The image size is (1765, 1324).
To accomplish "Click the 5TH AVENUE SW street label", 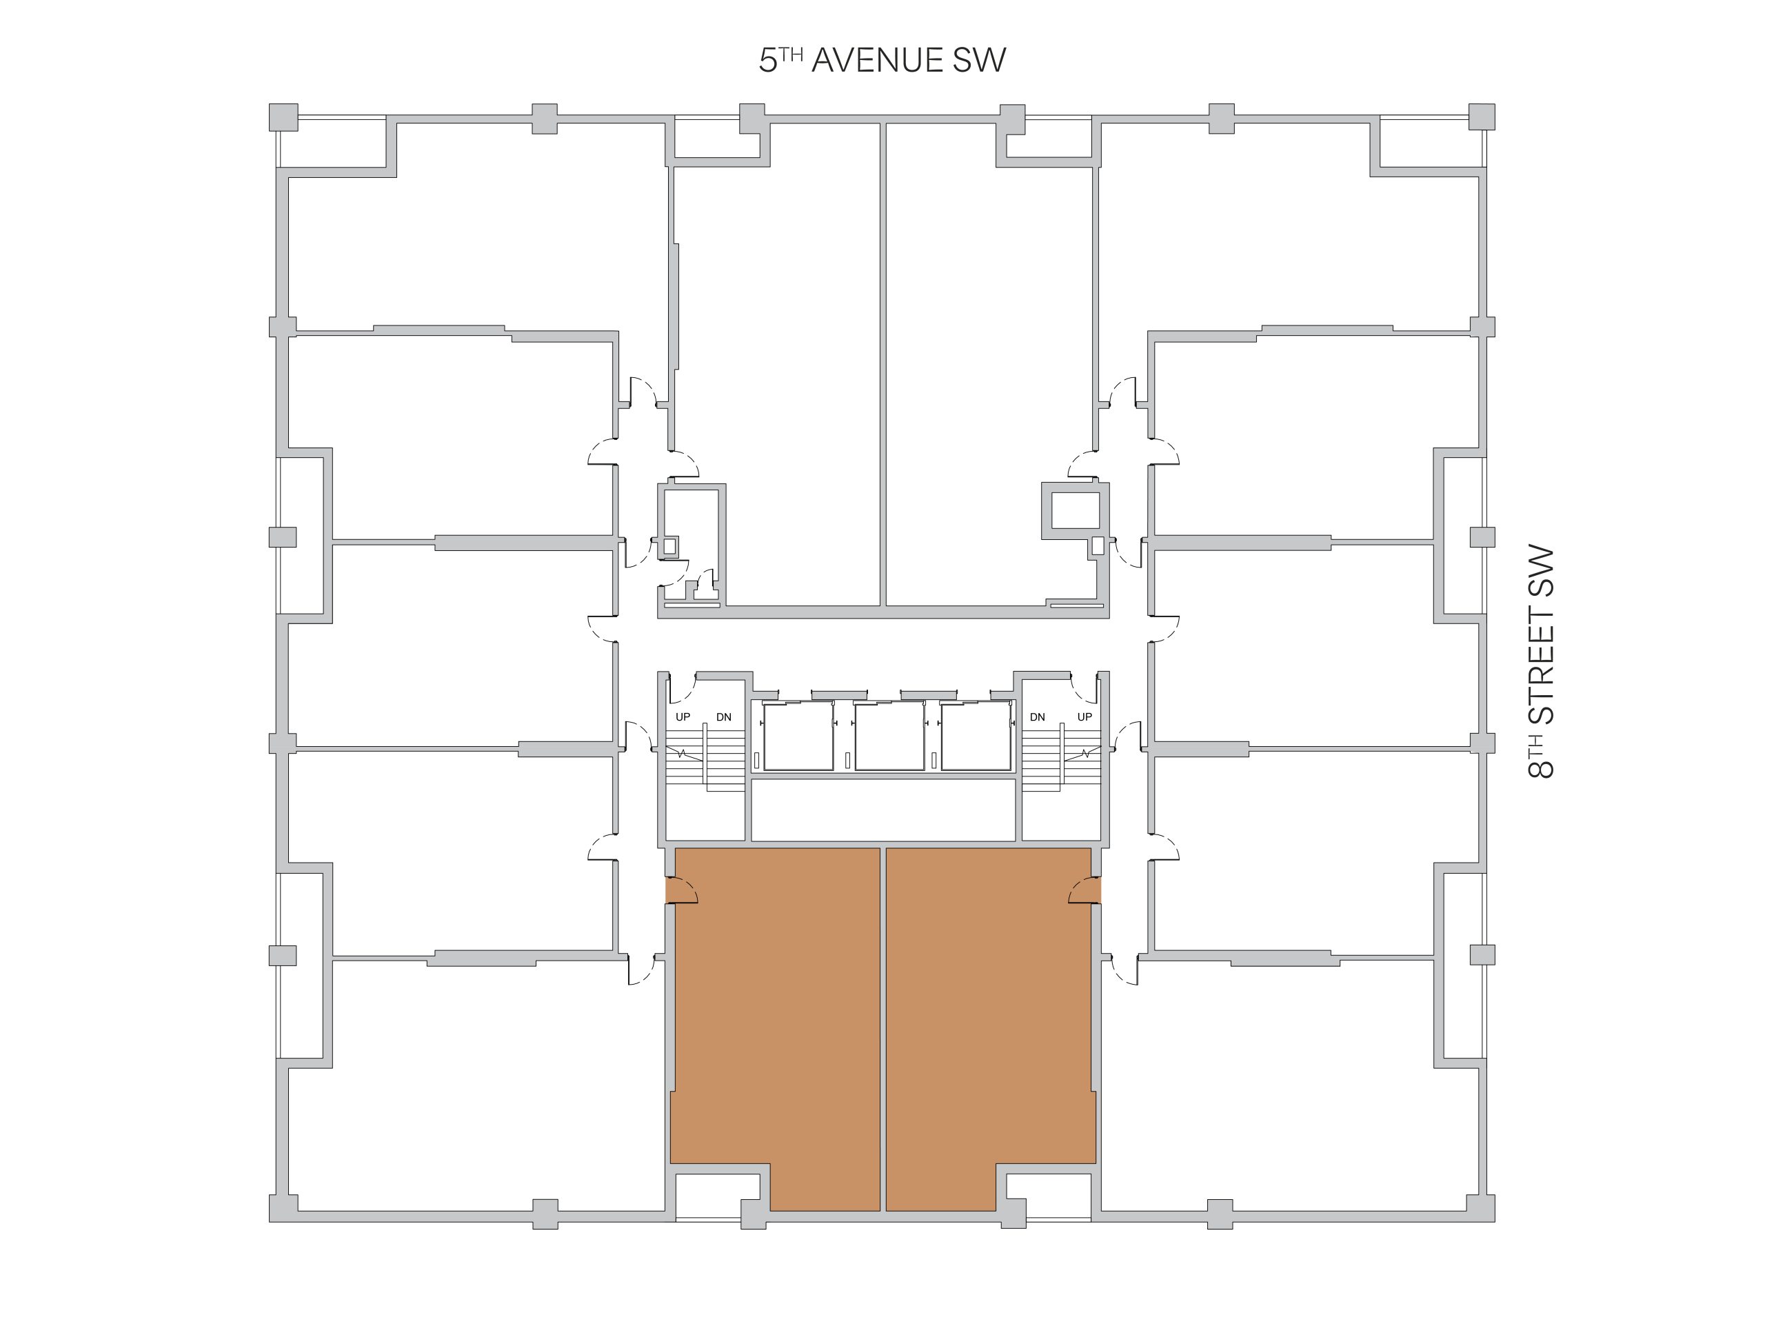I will coord(882,61).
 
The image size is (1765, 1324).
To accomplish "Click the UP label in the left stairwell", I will coord(683,716).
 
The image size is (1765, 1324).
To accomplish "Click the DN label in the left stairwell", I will coord(724,716).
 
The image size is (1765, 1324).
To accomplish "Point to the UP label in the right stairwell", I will coord(1085,716).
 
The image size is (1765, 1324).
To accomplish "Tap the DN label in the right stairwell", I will coord(1038,716).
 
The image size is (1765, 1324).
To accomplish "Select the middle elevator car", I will coord(889,736).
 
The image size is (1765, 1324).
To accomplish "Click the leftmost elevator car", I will coord(798,736).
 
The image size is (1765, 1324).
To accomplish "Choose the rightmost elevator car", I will coord(976,736).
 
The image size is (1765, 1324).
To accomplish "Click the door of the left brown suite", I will coord(680,890).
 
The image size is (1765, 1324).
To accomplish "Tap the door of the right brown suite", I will coord(1086,890).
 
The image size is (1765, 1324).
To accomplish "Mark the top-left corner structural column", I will coord(283,117).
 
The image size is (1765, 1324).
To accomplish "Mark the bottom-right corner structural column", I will coord(1481,1208).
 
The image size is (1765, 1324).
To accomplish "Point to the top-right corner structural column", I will coord(1481,117).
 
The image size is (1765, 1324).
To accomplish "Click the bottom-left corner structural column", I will coord(283,1208).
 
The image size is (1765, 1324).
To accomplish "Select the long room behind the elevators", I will coord(883,810).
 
